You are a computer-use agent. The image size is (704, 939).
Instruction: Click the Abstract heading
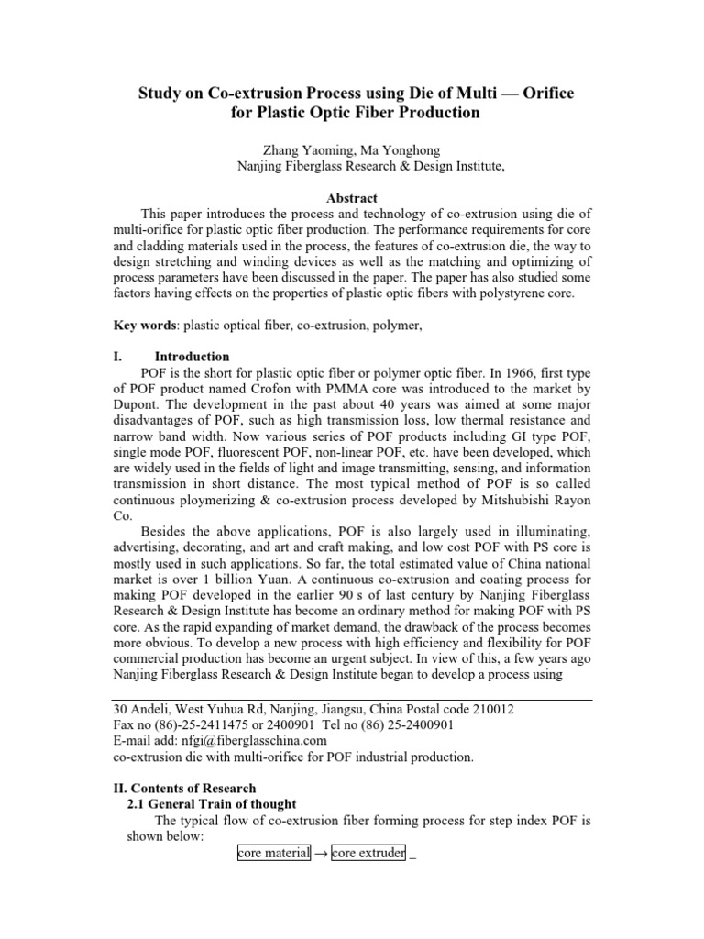coord(352,198)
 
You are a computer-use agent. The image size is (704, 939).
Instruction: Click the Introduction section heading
coord(192,357)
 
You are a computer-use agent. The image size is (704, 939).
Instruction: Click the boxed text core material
coord(273,853)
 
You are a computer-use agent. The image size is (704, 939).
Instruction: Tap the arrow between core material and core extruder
coord(320,854)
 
